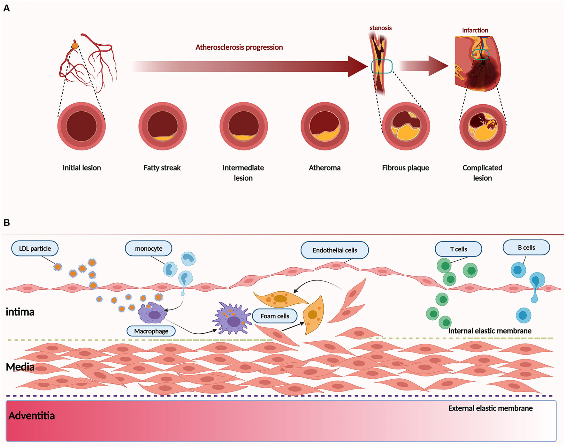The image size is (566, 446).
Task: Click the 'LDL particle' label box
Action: [x=35, y=249]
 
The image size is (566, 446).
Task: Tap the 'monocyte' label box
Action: [x=149, y=249]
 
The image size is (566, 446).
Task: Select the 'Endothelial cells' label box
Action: [x=335, y=250]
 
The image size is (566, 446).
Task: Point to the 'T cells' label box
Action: [x=458, y=249]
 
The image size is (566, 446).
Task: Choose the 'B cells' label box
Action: [x=526, y=248]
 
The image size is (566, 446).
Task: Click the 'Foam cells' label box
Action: [x=275, y=316]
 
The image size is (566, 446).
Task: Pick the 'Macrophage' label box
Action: [x=151, y=331]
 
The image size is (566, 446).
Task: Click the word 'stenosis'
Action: [x=380, y=28]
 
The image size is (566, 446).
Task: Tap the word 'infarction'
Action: [x=475, y=30]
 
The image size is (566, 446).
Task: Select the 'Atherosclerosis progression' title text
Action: [x=239, y=47]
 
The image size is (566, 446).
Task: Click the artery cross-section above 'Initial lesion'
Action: [x=81, y=126]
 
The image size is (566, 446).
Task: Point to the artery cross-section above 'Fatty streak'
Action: [x=163, y=126]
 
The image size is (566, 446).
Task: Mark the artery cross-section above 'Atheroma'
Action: [x=325, y=126]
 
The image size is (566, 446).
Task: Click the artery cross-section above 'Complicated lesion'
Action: [x=483, y=127]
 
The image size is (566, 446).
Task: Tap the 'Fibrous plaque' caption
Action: [x=405, y=168]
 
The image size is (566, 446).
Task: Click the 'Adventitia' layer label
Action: [x=32, y=416]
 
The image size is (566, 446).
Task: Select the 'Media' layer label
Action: [x=20, y=367]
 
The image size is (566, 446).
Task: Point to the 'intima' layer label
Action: [x=20, y=312]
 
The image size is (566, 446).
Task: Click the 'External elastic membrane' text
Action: [x=490, y=408]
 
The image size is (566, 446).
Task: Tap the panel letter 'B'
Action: [x=7, y=222]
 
